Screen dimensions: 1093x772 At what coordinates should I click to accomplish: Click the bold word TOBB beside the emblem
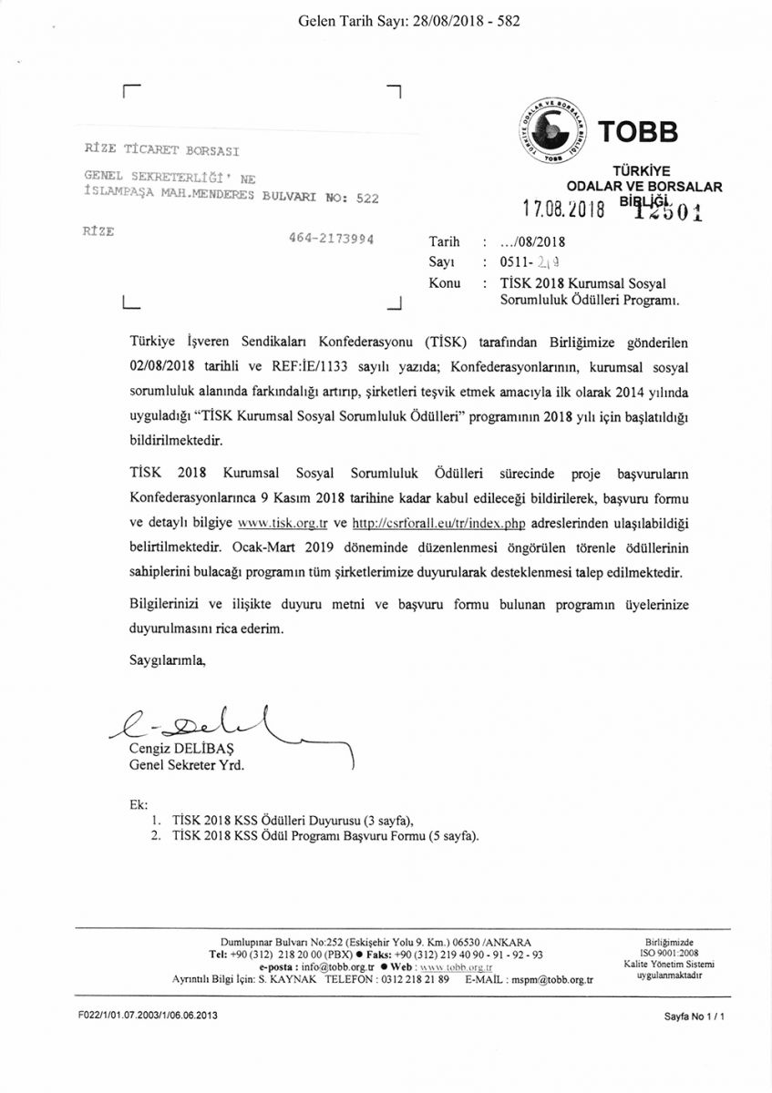pyautogui.click(x=638, y=133)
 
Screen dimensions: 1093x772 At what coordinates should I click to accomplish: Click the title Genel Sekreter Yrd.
pyautogui.click(x=187, y=765)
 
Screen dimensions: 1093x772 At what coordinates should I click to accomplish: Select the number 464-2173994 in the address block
pyautogui.click(x=329, y=239)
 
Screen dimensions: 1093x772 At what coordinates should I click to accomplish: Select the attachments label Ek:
pyautogui.click(x=139, y=805)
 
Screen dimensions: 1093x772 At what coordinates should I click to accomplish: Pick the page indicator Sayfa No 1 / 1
pyautogui.click(x=695, y=1015)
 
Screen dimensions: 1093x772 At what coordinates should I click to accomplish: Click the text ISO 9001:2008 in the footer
pyautogui.click(x=669, y=953)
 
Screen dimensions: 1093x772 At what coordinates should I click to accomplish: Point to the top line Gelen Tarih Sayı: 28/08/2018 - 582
pyautogui.click(x=409, y=20)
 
